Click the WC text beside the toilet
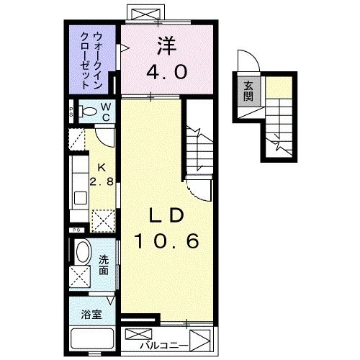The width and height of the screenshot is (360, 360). (x=105, y=111)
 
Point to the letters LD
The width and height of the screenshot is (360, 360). (x=168, y=215)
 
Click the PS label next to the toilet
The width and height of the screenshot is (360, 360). (x=71, y=112)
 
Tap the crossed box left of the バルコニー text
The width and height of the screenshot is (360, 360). (x=139, y=336)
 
